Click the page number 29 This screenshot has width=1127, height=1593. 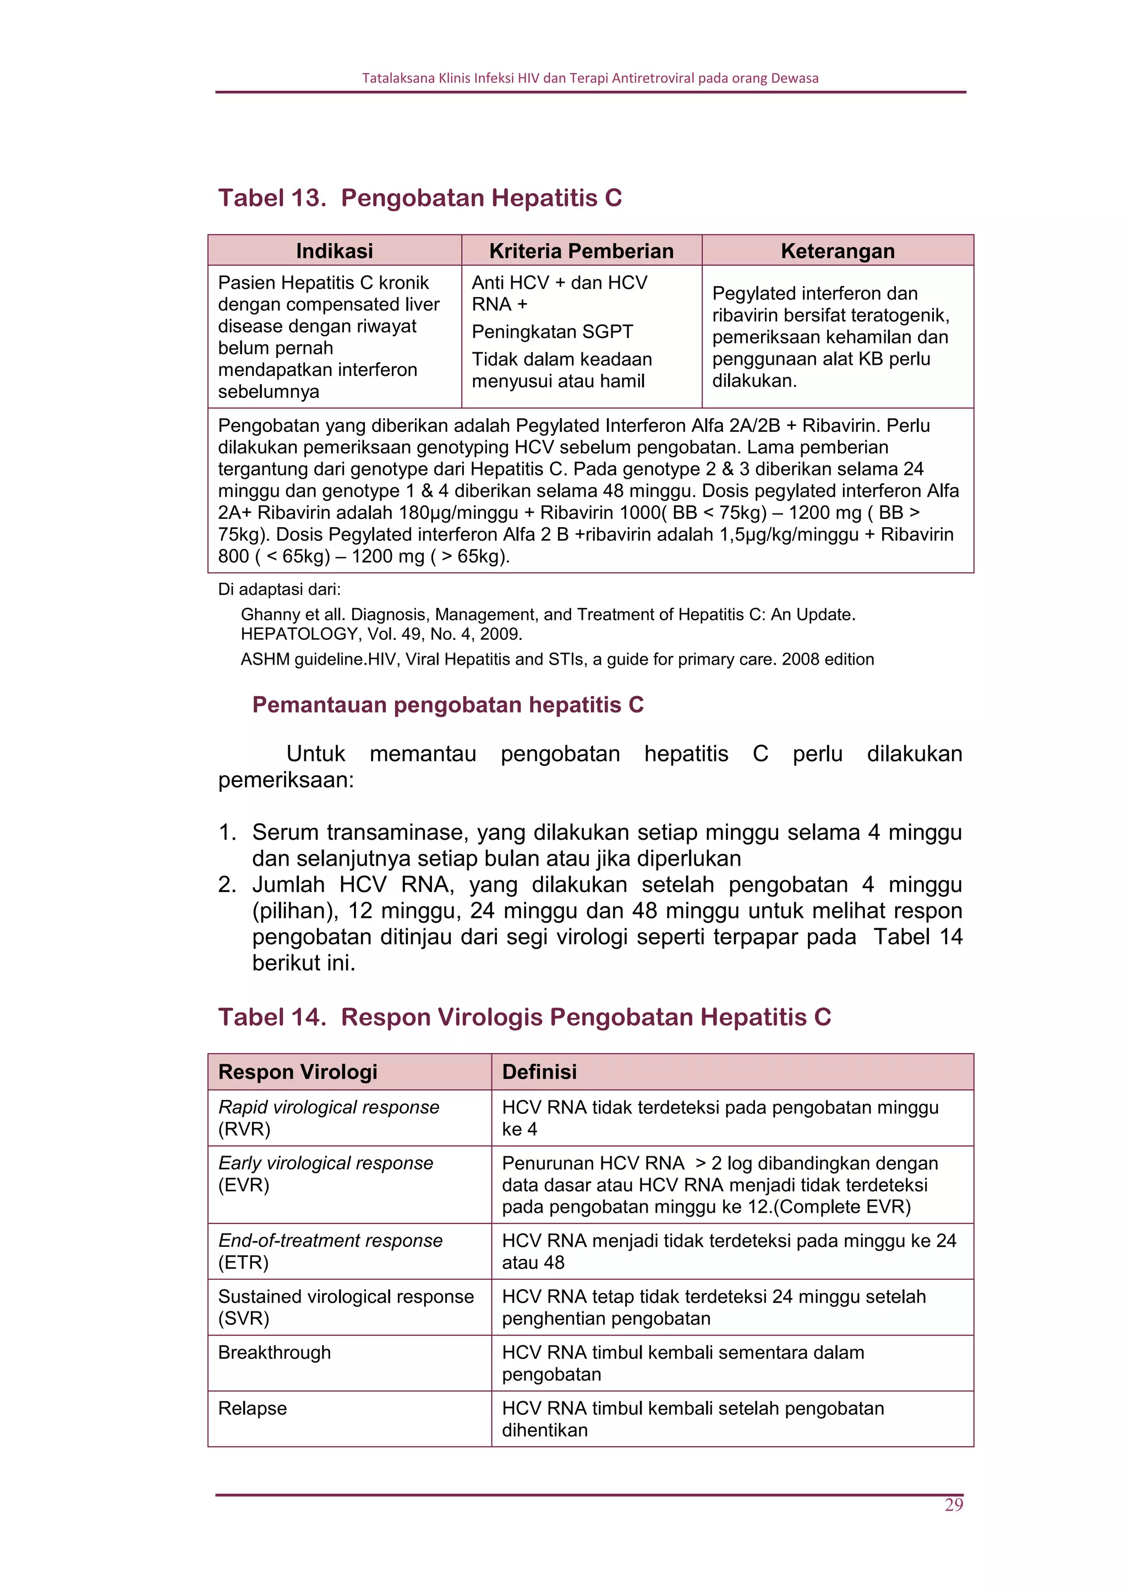[x=954, y=1504]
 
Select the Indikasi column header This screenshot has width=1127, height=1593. [x=335, y=251]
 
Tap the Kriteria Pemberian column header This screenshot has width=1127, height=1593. [x=581, y=251]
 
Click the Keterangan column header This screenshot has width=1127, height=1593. [x=837, y=251]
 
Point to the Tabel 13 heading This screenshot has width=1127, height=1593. [x=420, y=198]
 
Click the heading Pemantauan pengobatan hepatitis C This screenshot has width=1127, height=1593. [x=447, y=704]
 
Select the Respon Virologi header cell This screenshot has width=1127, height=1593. [x=298, y=1071]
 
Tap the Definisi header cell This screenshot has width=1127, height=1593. [x=539, y=1071]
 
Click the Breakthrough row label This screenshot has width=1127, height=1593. [x=274, y=1352]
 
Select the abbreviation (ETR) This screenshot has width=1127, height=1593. [x=243, y=1262]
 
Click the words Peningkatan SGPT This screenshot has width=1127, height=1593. [x=552, y=332]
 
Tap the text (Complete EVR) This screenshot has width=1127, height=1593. [x=842, y=1207]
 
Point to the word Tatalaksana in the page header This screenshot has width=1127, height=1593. [x=398, y=78]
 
